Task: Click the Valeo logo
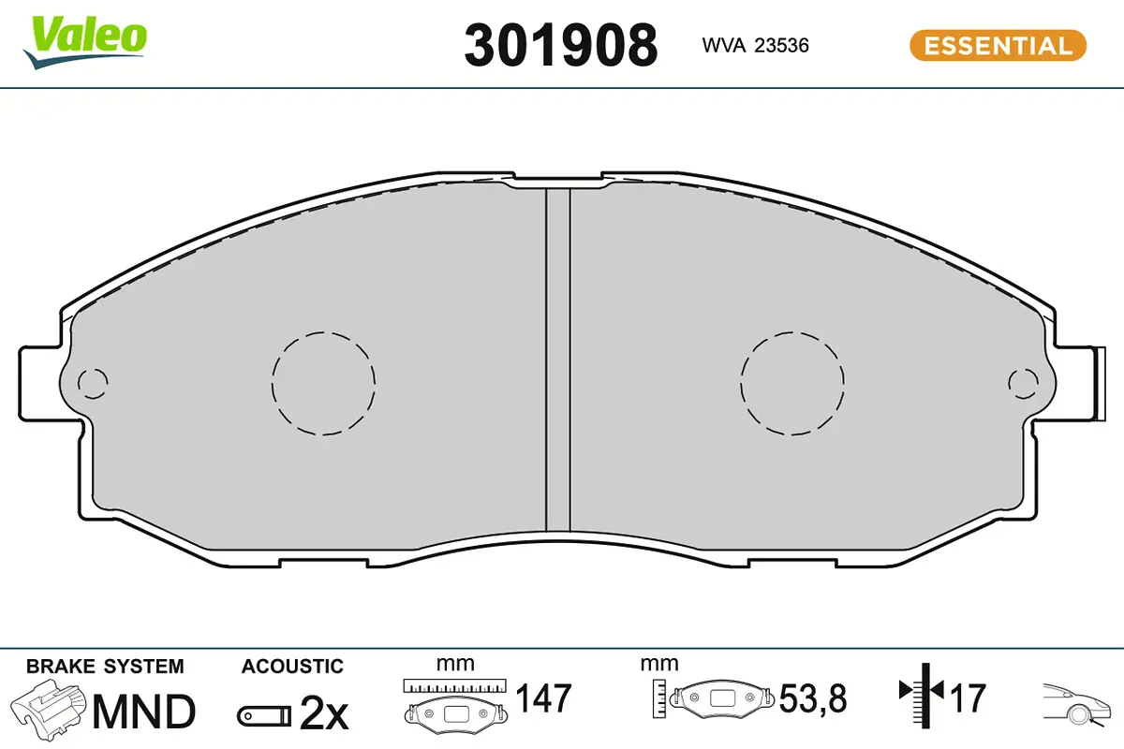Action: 85,42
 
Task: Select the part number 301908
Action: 560,46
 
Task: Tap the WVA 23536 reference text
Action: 755,46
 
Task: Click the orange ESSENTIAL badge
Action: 998,46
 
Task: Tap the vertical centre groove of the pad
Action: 558,360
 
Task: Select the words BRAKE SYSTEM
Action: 105,667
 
